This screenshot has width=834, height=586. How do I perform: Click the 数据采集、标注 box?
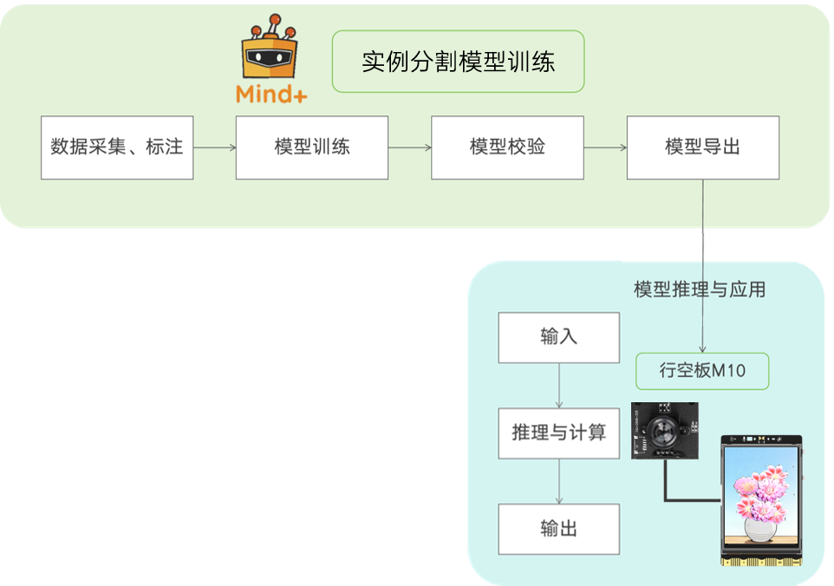(x=117, y=147)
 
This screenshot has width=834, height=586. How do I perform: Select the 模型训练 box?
(x=312, y=147)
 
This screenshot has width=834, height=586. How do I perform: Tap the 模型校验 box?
(x=507, y=147)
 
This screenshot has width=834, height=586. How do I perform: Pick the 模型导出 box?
(x=702, y=147)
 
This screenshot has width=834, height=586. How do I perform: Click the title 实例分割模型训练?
(x=458, y=62)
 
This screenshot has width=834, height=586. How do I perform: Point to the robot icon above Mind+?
(x=269, y=50)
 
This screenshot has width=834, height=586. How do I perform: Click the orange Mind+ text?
(x=271, y=94)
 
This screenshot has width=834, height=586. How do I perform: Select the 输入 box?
(x=558, y=337)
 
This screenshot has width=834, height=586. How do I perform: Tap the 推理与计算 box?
(x=558, y=433)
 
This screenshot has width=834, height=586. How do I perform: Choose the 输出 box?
(x=558, y=529)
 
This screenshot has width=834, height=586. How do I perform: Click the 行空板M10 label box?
(x=702, y=371)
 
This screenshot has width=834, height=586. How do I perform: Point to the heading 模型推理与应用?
(x=700, y=290)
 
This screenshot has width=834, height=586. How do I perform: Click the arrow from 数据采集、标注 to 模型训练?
(x=214, y=147)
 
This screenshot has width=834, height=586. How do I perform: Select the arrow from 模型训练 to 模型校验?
(x=409, y=147)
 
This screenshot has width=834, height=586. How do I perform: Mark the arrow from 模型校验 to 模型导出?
(x=605, y=147)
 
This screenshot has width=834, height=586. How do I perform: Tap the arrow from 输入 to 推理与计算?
(x=559, y=385)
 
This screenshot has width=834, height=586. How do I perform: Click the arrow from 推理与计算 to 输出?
(x=559, y=481)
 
